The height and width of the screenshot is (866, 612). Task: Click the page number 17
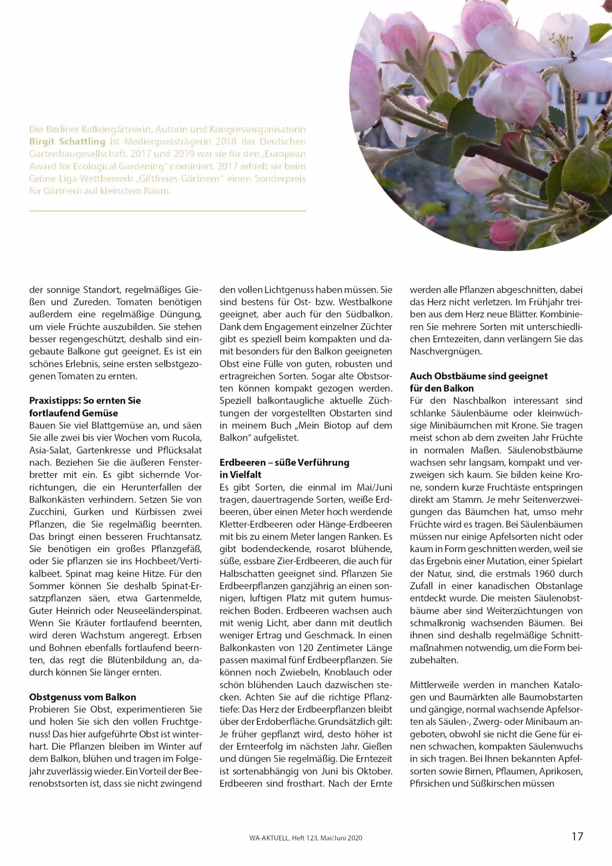pos(577,836)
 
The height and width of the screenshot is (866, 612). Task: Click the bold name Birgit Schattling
pos(67,142)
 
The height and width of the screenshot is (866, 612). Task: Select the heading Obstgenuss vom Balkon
pos(82,697)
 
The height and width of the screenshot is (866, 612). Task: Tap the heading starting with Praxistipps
pos(85,401)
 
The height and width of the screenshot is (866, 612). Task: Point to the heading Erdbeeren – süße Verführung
pos(284,462)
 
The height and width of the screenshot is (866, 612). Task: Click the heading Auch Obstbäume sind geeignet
pos(479,376)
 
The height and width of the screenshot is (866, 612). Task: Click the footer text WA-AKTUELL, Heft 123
pos(283,838)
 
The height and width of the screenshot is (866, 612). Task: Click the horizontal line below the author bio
pos(167,211)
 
